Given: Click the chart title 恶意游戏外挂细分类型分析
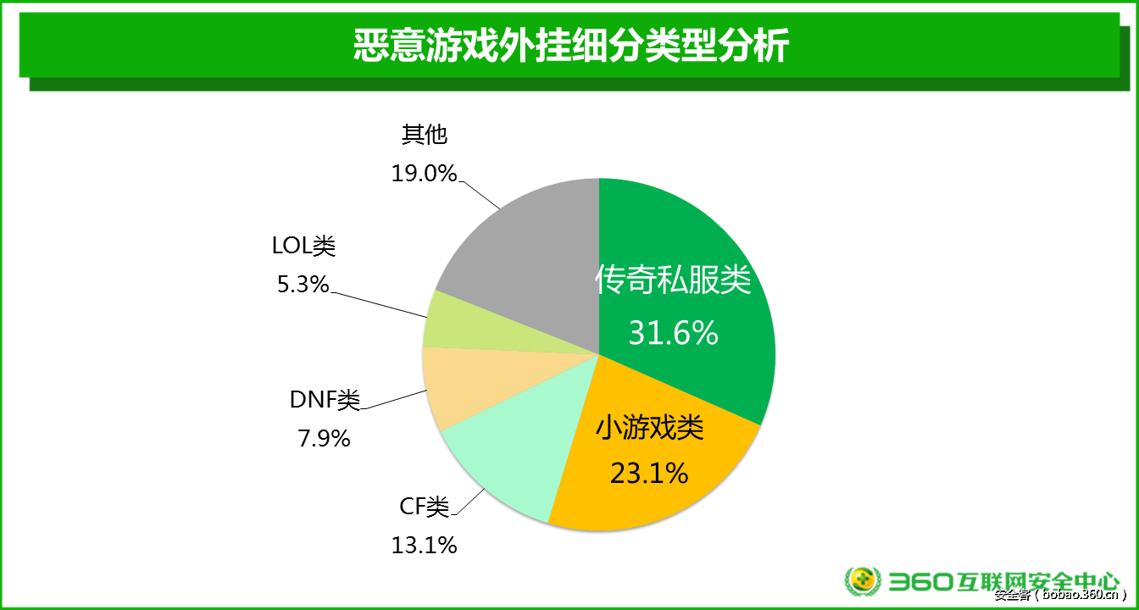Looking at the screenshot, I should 569,47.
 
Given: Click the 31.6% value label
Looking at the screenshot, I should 673,333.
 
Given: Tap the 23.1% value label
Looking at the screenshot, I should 649,472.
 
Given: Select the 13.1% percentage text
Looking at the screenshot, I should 424,545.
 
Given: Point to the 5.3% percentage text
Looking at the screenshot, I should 303,285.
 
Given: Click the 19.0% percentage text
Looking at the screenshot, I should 424,174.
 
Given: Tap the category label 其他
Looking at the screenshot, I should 424,135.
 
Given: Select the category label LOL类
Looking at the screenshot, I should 303,247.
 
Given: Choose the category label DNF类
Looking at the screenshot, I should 325,400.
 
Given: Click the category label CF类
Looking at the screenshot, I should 424,507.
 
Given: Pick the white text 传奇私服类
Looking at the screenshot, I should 673,280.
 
